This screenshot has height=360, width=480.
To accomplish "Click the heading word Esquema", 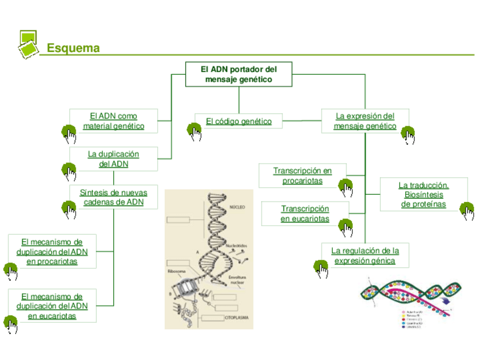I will coord(73,48).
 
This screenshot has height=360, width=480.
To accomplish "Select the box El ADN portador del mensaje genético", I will coord(239,74).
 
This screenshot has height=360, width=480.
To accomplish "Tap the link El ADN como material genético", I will coord(113,121).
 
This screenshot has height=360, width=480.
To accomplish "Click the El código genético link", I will coord(238,121).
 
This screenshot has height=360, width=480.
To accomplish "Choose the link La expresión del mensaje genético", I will coord(365,121).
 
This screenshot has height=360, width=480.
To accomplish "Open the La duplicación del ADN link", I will coord(113,159).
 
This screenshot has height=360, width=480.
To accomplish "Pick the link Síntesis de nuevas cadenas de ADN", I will coord(113,197).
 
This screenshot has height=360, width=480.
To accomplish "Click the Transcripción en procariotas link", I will coord(302,175).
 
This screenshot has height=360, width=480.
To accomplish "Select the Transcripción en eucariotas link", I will coord(305,214).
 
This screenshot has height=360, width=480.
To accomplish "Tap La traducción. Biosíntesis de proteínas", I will coord(423,195).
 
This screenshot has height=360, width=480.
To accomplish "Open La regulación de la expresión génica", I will coord(365,255).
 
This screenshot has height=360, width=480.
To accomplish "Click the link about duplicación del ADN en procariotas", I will coord(52,251).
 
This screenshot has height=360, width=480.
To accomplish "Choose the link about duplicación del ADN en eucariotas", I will coord(52,306).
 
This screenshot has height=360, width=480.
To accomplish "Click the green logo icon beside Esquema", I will coord(28,44).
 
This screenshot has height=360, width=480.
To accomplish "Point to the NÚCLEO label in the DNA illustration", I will coord(237,208).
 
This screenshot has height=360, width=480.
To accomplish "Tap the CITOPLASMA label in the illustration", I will coord(237,319).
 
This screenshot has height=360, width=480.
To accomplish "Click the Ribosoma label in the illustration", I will coord(177,271).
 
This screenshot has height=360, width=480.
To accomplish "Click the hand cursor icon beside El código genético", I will coord(194,132).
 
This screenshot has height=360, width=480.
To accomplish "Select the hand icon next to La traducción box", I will coord(468,211).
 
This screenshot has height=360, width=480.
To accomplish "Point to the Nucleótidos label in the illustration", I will coord(237,246).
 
